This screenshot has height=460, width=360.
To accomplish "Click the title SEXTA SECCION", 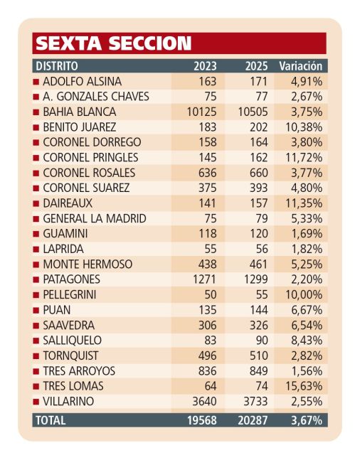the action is (x=114, y=43).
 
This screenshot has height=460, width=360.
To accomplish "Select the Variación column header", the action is (x=301, y=66).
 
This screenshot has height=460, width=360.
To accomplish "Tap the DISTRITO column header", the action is (x=57, y=66).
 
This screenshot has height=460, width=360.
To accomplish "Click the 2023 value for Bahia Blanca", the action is (x=202, y=112).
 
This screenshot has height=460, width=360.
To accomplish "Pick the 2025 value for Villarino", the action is (x=255, y=401).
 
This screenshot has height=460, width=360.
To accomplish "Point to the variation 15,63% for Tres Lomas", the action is (x=304, y=386).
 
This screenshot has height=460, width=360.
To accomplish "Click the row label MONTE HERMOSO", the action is (x=88, y=264).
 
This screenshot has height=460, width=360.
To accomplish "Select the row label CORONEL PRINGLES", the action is (x=90, y=158).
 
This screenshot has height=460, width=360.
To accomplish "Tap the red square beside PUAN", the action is (x=36, y=310).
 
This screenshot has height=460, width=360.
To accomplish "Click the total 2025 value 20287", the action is (x=253, y=420).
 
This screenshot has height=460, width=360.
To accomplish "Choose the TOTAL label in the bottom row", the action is (x=51, y=420).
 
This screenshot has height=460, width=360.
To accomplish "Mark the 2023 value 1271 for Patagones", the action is (x=204, y=279).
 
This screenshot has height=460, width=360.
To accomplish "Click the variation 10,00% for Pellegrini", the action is (x=304, y=294).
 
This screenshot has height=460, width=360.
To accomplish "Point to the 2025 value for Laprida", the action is (x=262, y=249).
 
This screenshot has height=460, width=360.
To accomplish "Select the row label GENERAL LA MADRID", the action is (x=95, y=218).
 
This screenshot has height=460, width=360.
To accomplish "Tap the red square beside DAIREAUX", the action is (x=36, y=203).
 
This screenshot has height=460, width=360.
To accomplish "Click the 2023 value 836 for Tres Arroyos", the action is (x=207, y=371).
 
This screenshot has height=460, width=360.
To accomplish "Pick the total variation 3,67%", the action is (x=307, y=420).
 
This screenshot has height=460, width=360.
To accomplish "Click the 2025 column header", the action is (x=256, y=66).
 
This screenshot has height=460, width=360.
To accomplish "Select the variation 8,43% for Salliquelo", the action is (x=307, y=341).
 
